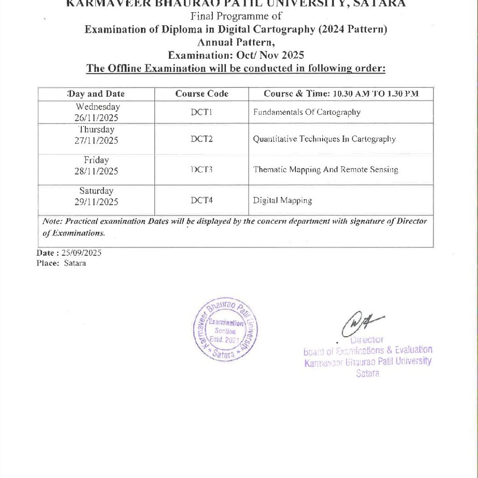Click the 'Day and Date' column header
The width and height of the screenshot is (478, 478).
pos(96,94)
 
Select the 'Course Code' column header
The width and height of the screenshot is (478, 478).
pos(202,94)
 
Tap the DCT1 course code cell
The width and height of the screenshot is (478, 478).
pos(202,112)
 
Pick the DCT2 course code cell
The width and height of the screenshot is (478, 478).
pos(202,139)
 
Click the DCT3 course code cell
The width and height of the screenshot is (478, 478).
pos(202,169)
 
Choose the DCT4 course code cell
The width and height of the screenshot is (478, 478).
pos(202,200)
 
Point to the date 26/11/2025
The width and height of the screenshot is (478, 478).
pos(96,117)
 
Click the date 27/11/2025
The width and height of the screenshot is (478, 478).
pos(96,141)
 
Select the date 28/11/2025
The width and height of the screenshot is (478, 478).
pos(96,171)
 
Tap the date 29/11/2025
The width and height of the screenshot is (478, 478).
pos(96,202)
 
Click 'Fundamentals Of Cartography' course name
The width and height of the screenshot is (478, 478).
pos(307,112)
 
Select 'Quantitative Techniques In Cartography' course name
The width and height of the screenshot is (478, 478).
pos(324,139)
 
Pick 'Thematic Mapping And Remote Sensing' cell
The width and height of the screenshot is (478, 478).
pos(325,169)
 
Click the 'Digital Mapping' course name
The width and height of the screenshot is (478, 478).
pos(282,201)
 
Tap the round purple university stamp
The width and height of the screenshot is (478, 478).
pos(225,330)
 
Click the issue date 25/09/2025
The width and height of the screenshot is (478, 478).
pos(82,253)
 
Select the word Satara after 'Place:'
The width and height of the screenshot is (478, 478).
pos(75,263)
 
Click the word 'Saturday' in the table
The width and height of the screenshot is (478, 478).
pos(96,191)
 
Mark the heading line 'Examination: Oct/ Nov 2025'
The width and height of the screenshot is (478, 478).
pos(236,55)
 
